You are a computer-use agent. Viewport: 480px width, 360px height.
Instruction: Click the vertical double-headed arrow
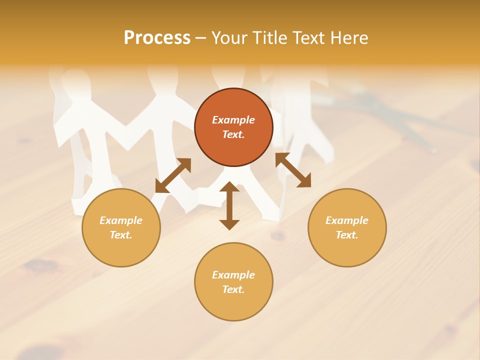pos(229,205)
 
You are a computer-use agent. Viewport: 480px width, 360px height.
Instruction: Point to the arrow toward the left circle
pos(173,175)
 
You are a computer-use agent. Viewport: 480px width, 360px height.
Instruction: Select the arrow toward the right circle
pos(293,170)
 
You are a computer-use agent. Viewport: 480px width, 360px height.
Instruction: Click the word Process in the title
pos(157,38)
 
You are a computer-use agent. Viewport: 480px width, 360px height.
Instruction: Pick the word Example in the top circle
pos(233,120)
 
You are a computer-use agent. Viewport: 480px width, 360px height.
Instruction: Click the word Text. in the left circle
pos(121,235)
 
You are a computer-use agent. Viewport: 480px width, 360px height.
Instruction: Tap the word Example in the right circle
pos(347,220)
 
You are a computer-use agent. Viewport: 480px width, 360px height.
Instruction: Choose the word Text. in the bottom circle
pos(233,289)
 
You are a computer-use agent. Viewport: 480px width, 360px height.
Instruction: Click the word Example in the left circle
pos(121,220)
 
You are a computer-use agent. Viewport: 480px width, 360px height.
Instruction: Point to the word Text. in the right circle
pos(347,235)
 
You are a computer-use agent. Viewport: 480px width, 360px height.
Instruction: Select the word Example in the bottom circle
pos(233,275)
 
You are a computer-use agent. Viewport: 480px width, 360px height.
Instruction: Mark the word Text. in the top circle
pos(233,134)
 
